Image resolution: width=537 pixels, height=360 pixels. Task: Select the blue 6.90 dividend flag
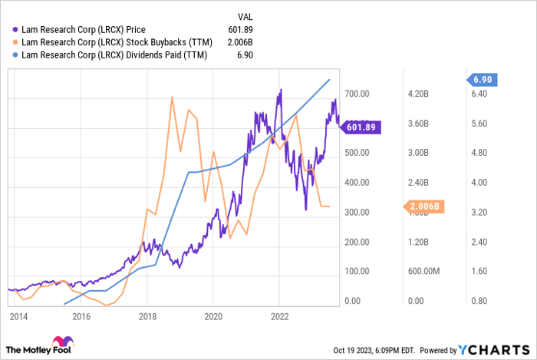(x=485, y=80)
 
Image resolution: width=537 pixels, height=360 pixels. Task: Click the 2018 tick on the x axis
(x=148, y=316)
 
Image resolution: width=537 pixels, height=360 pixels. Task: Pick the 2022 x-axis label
(x=280, y=316)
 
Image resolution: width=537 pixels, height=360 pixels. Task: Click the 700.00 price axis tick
(x=357, y=94)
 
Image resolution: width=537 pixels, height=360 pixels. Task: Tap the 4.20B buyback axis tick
(x=420, y=94)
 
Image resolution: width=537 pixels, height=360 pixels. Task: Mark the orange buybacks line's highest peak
(x=171, y=97)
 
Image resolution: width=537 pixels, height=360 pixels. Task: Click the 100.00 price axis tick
(x=357, y=272)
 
